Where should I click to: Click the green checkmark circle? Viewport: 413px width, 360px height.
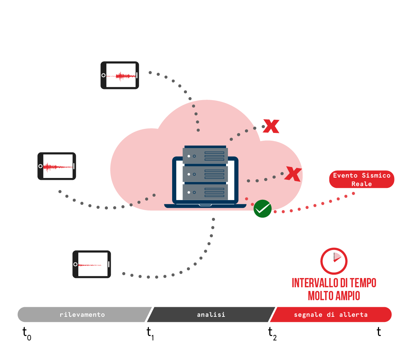pos(262,209)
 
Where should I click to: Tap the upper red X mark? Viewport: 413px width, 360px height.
pos(271,126)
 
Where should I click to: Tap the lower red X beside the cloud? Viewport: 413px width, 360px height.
pos(293,174)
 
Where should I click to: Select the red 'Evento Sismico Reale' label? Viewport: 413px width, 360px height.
pos(361,179)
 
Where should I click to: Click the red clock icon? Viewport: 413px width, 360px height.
pos(334,261)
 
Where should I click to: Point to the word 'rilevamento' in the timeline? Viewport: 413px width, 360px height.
pos(82,315)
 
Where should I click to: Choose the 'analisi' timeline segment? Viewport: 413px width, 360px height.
pos(211,315)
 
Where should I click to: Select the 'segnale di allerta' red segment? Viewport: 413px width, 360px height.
pos(331,315)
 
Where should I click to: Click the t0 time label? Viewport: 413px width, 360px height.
pos(27,333)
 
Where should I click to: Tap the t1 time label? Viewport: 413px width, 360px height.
pos(150,333)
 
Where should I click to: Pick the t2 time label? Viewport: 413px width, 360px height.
pos(272,333)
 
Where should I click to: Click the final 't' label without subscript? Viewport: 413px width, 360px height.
pos(379,332)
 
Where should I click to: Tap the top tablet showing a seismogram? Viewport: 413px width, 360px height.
pos(120,75)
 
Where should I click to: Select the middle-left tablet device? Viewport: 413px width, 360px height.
pos(57,166)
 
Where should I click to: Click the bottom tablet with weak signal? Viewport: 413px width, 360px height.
pos(92,264)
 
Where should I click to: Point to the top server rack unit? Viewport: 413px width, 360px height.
pos(205,156)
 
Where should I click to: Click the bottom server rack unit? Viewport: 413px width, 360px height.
pos(205,192)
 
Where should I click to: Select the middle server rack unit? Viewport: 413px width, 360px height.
pos(205,174)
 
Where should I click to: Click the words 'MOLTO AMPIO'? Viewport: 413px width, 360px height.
pos(334,296)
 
